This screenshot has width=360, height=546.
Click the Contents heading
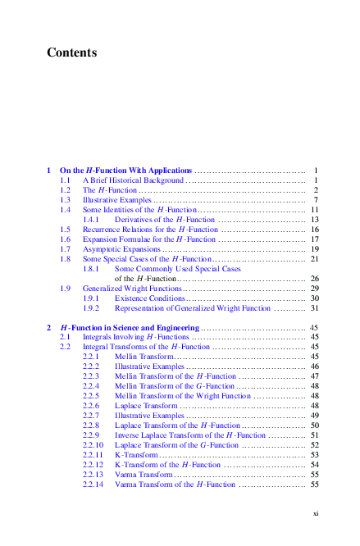point(72,53)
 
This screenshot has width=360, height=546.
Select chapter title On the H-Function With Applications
point(126,170)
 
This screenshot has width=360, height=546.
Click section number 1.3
point(66,199)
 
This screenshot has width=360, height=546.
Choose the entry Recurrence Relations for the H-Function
point(150,230)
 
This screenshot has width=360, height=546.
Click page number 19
point(313,248)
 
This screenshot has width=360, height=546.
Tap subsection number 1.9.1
point(92,298)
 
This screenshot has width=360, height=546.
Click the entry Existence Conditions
point(150,298)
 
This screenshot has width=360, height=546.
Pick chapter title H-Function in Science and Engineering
point(130,327)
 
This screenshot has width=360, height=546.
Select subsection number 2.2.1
point(92,357)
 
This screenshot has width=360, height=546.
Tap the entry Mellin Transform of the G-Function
point(175,385)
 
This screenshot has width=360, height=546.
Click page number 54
point(313,464)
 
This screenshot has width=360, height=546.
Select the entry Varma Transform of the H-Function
point(175,484)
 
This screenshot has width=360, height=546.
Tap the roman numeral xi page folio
point(315,513)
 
